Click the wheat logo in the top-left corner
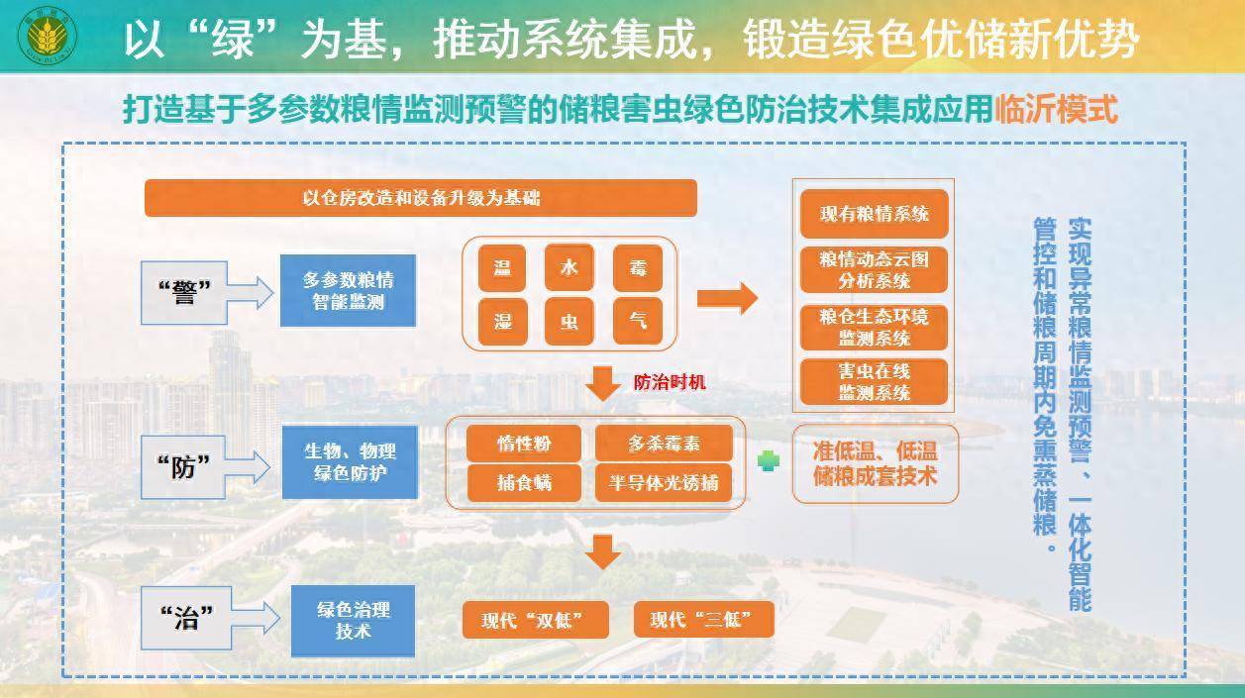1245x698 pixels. coord(48,35)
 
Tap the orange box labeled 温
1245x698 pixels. coord(502,268)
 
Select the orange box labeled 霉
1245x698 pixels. coord(638,268)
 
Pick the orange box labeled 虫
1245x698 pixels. coord(570,321)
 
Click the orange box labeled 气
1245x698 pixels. coord(638,321)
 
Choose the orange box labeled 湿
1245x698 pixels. coord(502,321)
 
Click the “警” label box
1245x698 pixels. coord(184,293)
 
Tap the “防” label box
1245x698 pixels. coord(183,467)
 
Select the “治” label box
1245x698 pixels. coord(185,618)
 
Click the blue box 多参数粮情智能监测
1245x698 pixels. coord(348,291)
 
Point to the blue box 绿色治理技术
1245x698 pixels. coord(353,621)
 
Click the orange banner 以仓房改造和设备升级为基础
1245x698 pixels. coord(421,198)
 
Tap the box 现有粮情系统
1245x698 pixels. coord(875,214)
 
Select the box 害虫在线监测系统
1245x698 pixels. coord(875,382)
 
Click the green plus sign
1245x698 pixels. coord(769,460)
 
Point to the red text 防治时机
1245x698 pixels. coord(670,382)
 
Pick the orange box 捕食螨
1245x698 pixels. coord(524,482)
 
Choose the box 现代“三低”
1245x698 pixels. coord(703,619)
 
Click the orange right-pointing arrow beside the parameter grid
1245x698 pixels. coord(727,298)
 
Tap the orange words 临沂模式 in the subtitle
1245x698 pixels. coord(1056,110)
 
